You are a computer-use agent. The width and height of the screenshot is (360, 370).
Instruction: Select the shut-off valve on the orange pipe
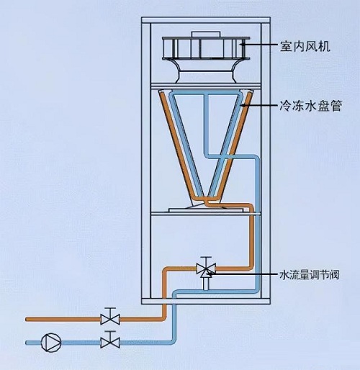click(109, 317)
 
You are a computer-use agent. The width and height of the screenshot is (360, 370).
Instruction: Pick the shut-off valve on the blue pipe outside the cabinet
click(109, 338)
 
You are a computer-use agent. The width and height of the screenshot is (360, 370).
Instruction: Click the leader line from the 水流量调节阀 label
click(245, 273)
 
